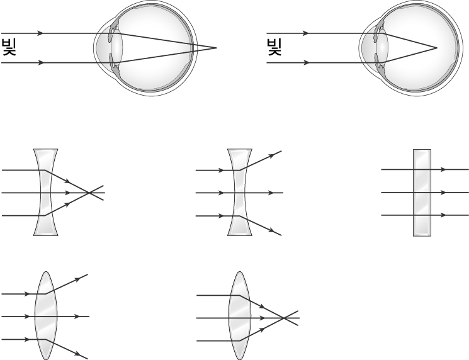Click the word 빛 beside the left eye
[9, 47]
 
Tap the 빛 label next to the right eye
[274, 47]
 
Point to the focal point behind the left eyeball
[217, 48]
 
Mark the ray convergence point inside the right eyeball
[437, 48]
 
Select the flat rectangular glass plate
[422, 193]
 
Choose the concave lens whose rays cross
[45, 192]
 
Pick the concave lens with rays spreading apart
[240, 192]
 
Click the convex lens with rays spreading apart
[46, 315]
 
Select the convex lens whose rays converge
[240, 315]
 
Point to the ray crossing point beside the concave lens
[89, 193]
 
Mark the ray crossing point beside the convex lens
[283, 318]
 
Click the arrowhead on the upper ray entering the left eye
[40, 33]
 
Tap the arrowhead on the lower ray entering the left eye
[40, 63]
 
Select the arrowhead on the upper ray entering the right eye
[305, 33]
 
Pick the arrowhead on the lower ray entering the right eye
[305, 63]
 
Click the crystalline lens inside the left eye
[116, 47]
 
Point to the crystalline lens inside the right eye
[382, 47]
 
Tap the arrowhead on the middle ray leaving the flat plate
[443, 192]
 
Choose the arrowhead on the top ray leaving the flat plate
[443, 169]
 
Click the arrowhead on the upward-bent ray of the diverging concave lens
[271, 155]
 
